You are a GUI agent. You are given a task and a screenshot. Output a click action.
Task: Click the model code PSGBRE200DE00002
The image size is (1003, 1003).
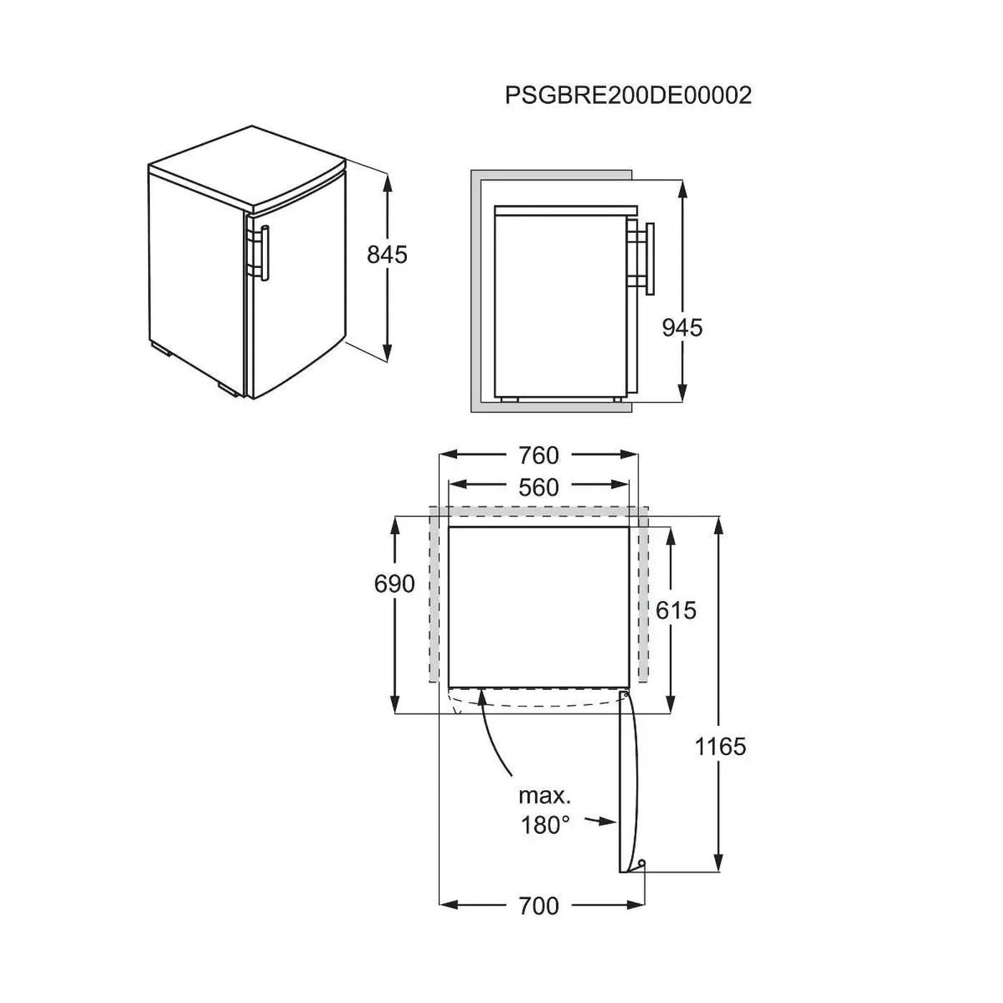tap(628, 95)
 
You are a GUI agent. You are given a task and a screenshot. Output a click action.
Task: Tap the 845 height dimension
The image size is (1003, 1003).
tap(387, 255)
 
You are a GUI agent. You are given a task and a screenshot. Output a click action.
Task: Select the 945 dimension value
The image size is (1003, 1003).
tap(682, 328)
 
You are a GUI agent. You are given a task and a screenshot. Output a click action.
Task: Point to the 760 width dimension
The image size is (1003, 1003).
tap(538, 456)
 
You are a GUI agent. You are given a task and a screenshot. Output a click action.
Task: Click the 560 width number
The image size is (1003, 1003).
tap(538, 488)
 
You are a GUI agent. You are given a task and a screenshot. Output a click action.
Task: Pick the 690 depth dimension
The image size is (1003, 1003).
tap(394, 584)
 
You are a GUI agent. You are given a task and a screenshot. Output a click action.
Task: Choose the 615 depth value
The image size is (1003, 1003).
tap(676, 610)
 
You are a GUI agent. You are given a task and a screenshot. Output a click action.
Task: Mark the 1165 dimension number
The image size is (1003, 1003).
tap(721, 747)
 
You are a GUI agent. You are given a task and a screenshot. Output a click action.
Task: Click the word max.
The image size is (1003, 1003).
tap(544, 796)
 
